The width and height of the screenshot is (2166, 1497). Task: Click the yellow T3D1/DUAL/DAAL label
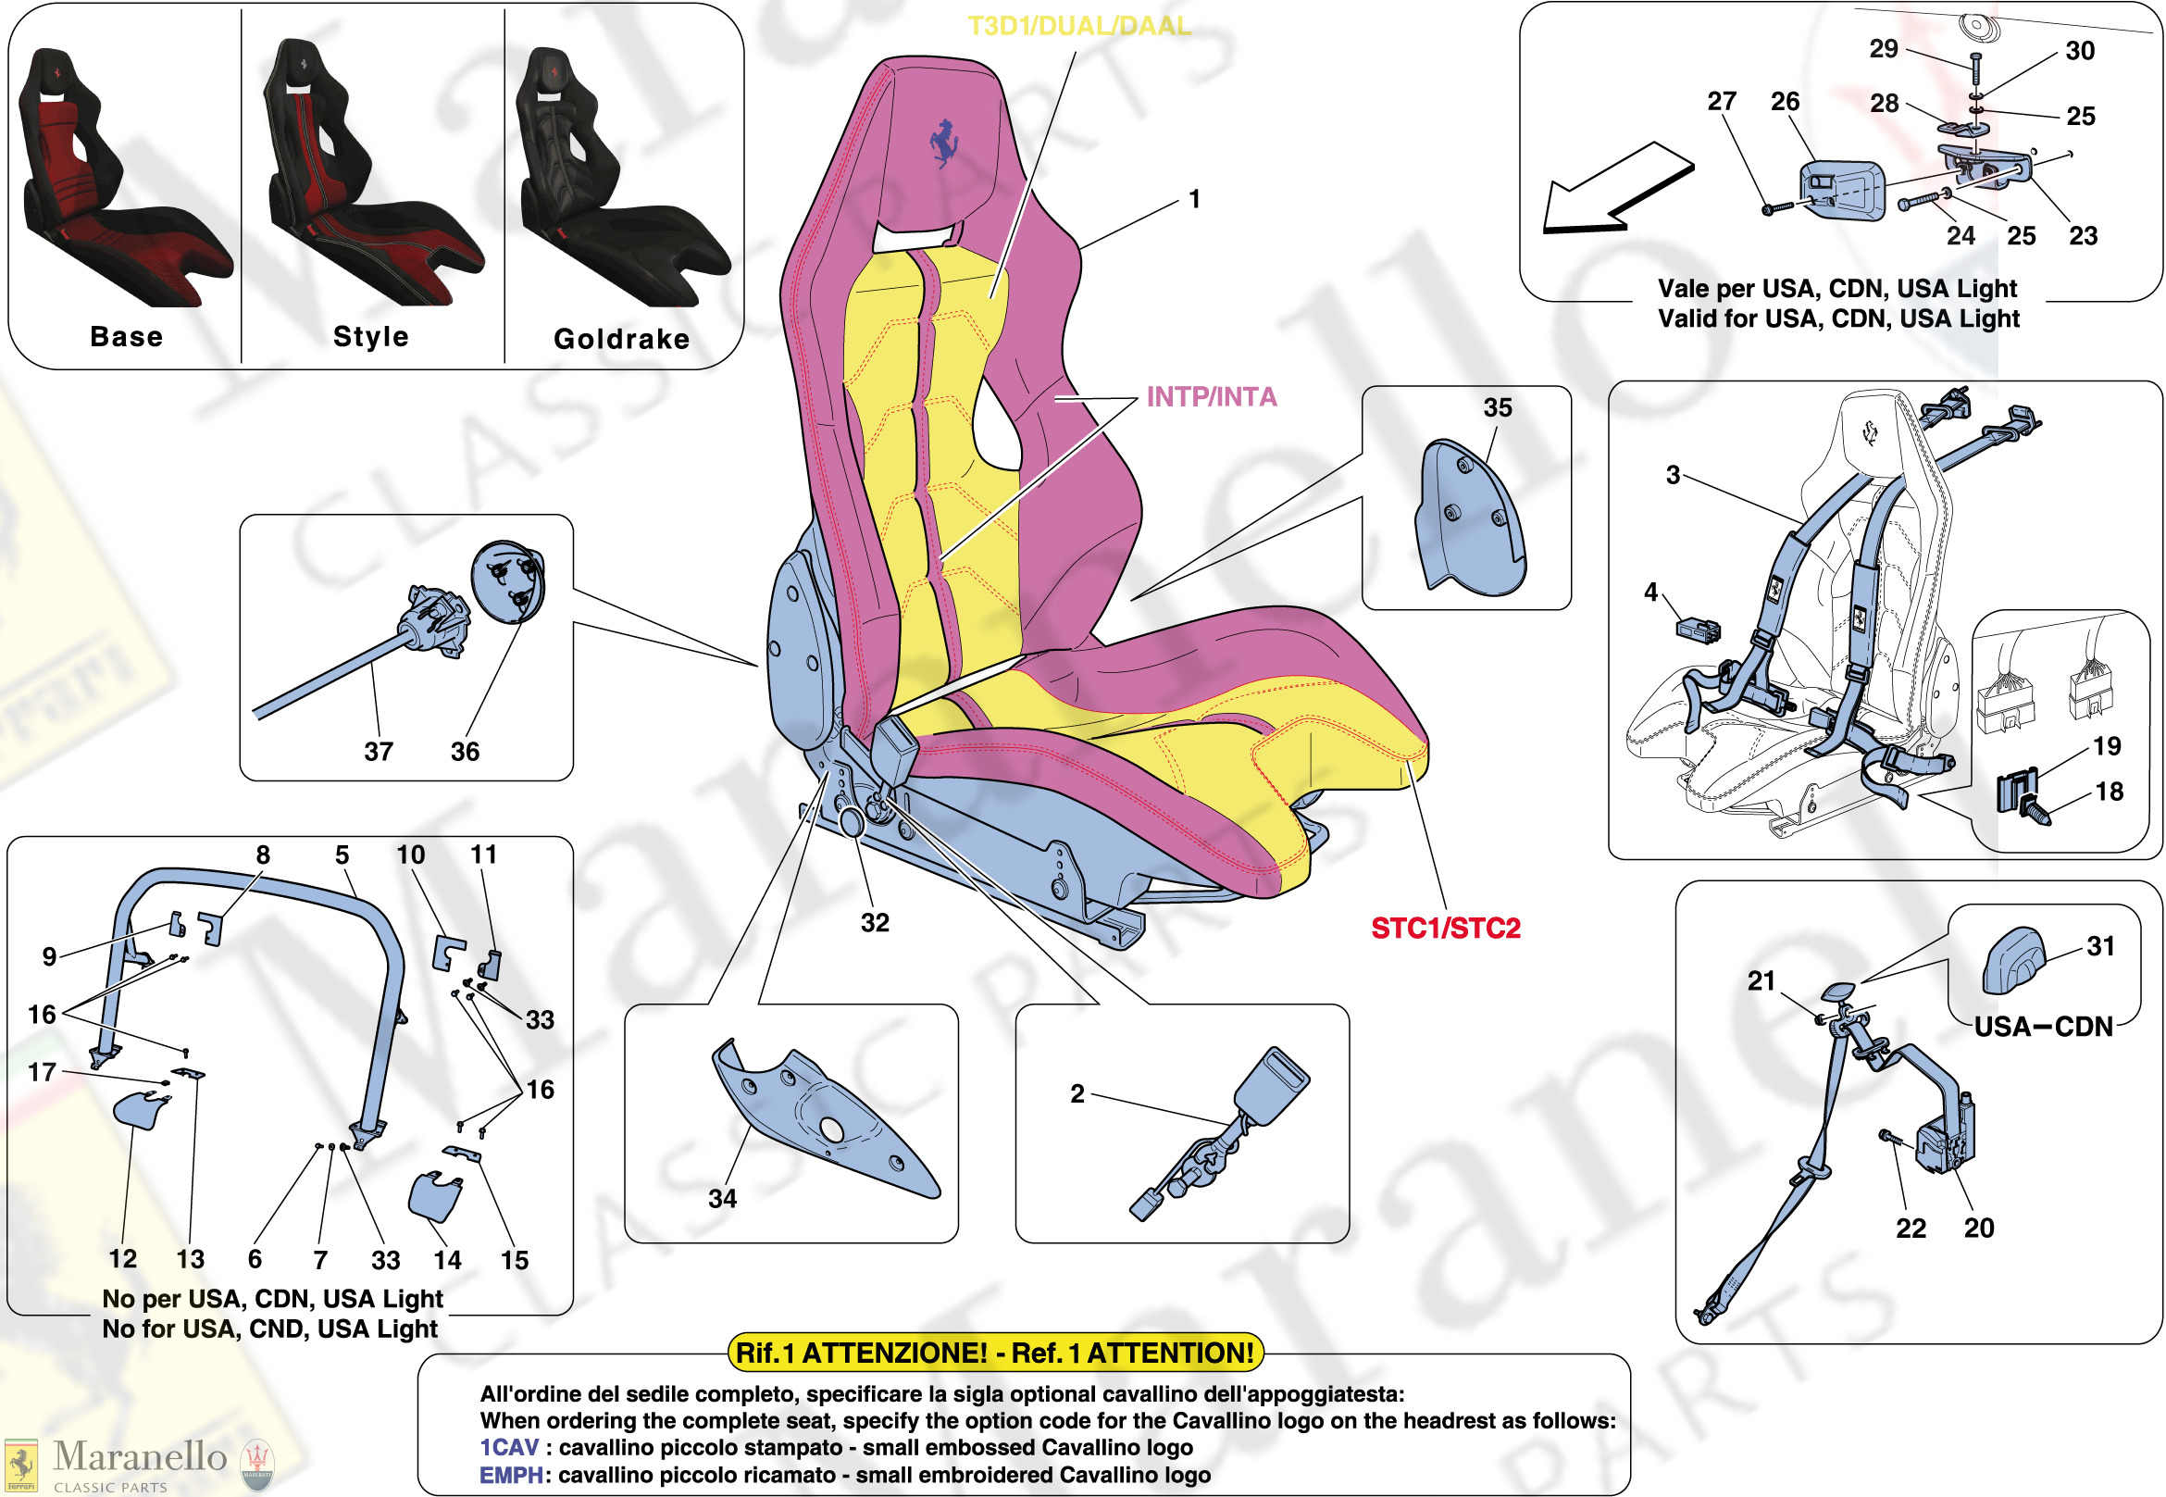click(1078, 26)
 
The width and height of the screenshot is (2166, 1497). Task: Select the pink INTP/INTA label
click(1211, 397)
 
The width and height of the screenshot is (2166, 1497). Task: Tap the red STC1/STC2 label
click(1445, 929)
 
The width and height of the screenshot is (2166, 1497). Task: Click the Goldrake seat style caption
click(622, 339)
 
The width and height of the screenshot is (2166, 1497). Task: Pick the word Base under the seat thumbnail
click(127, 337)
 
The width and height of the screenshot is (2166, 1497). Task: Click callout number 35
click(1498, 408)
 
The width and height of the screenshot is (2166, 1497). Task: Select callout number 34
click(722, 1199)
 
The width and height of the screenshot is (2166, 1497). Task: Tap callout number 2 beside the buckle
click(1077, 1093)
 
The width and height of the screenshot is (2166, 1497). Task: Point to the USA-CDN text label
click(2043, 1027)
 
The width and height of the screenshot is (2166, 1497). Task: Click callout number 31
click(2100, 946)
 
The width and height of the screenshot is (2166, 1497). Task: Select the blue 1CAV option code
click(508, 1447)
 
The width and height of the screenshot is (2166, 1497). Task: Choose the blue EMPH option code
click(510, 1476)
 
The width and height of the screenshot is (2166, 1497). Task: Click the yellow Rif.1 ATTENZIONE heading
click(995, 1353)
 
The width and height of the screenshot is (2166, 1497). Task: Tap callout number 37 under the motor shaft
click(379, 752)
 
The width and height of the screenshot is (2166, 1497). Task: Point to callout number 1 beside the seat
click(1194, 200)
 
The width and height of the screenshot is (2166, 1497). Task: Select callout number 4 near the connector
click(1650, 592)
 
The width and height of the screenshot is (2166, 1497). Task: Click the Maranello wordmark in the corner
click(140, 1456)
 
